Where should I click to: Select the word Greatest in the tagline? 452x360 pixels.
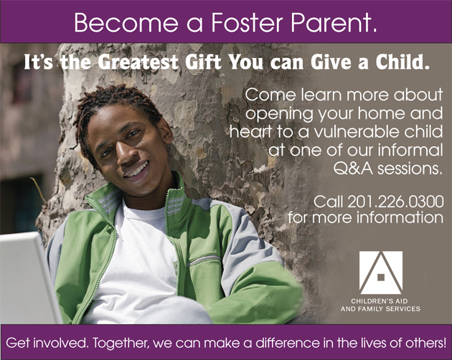pyautogui.click(x=138, y=62)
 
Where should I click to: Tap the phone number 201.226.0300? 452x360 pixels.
pyautogui.click(x=395, y=202)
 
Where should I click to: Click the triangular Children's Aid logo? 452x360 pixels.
pyautogui.click(x=380, y=273)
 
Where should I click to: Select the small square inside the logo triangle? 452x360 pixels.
pyautogui.click(x=381, y=277)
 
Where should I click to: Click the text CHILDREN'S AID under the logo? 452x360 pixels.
pyautogui.click(x=380, y=301)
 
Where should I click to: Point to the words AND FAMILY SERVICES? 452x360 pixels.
pyautogui.click(x=380, y=309)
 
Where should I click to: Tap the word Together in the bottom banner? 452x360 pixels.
pyautogui.click(x=121, y=343)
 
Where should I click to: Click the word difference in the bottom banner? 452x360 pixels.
pyautogui.click(x=288, y=343)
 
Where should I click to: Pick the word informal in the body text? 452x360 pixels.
pyautogui.click(x=410, y=150)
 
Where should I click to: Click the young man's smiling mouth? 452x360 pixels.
pyautogui.click(x=136, y=171)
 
